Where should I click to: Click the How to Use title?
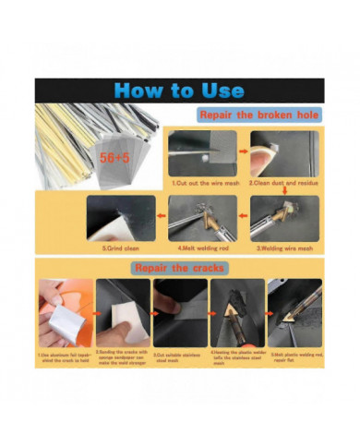coord(180,91)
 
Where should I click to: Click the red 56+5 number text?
coord(115,158)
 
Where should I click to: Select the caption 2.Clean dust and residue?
coord(283,184)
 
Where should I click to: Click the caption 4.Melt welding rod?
coord(206,248)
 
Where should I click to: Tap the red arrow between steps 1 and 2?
coord(244,153)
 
